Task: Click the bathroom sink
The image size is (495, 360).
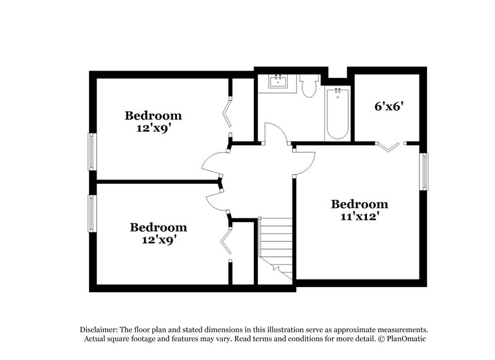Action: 277,83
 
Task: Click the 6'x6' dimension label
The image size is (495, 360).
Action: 389,106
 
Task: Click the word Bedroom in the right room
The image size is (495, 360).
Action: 359,204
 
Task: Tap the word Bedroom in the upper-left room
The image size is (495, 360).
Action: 153,115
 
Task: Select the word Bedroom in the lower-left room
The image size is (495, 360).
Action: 158,228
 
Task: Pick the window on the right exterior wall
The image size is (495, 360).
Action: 424,171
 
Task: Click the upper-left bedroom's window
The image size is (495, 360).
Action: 92,152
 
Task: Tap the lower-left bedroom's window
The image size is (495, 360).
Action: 92,216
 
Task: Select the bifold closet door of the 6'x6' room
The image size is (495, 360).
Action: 390,146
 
